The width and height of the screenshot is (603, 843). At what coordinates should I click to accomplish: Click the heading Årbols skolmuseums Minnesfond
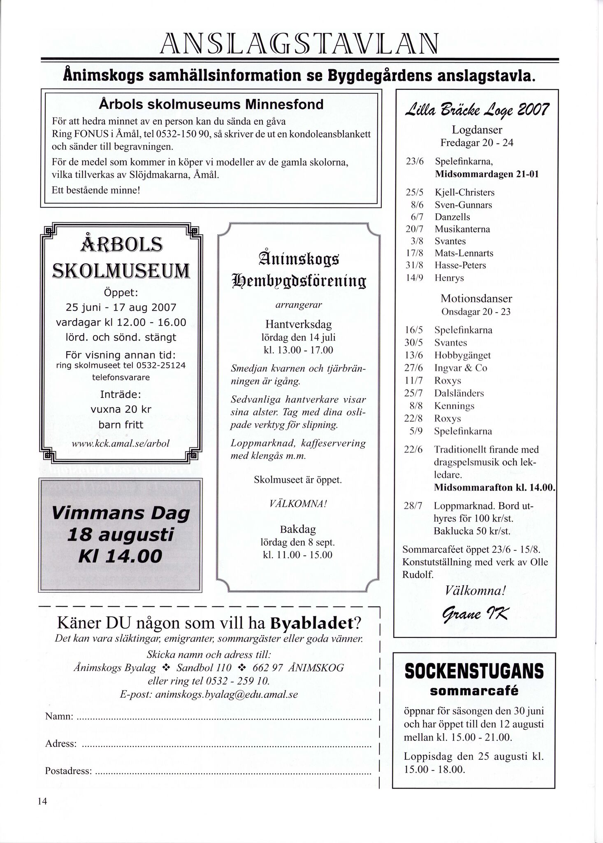point(211,105)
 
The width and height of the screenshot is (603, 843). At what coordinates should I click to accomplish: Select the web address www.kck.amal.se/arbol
point(120,444)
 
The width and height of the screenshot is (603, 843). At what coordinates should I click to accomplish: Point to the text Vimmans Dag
point(121,513)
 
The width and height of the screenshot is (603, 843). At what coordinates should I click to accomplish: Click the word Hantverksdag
point(298,324)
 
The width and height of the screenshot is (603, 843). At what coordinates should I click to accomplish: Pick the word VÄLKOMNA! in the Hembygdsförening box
point(298,504)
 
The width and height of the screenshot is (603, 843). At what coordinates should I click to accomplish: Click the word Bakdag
point(298,529)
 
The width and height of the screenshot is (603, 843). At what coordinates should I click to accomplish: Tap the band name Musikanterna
point(462,229)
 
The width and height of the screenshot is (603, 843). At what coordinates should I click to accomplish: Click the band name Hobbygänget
point(462,355)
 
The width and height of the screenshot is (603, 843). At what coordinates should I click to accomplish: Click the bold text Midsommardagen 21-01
point(487,174)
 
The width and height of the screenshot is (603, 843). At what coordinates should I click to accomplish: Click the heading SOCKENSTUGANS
point(474,672)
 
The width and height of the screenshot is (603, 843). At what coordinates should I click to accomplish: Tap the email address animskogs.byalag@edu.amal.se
point(209,694)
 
